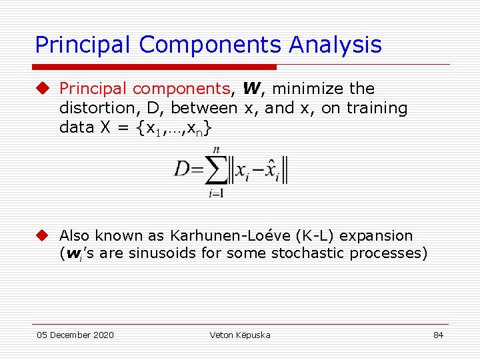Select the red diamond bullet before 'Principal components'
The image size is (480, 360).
[43, 88]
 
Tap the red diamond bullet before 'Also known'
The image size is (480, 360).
[43, 235]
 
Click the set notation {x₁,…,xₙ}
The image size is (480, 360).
[174, 127]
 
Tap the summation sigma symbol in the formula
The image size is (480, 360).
[215, 170]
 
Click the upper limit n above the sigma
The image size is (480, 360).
[215, 150]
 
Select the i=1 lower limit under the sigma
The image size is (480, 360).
[215, 194]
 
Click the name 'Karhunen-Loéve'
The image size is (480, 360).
[221, 235]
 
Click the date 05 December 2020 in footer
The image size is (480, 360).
[75, 335]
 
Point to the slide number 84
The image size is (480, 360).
[438, 335]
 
